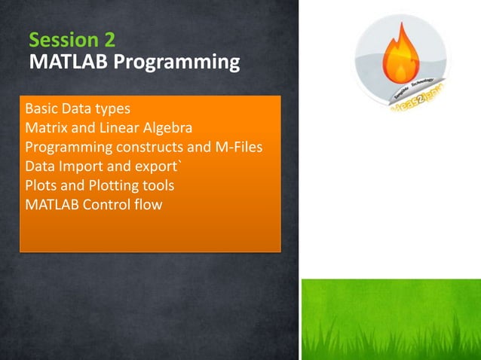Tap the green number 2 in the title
coord(110,40)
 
